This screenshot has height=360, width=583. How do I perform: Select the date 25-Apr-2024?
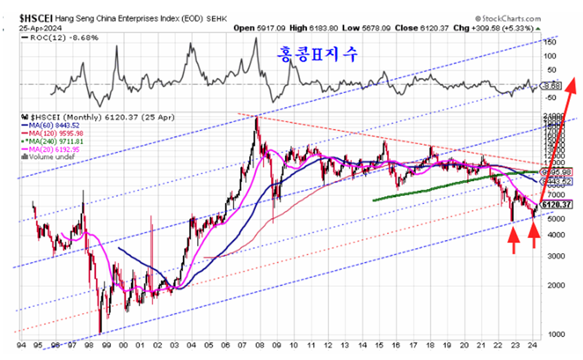pos(31,28)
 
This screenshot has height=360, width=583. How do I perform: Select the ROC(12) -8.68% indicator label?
pos(61,39)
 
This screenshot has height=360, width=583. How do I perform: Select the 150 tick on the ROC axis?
pos(550,42)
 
